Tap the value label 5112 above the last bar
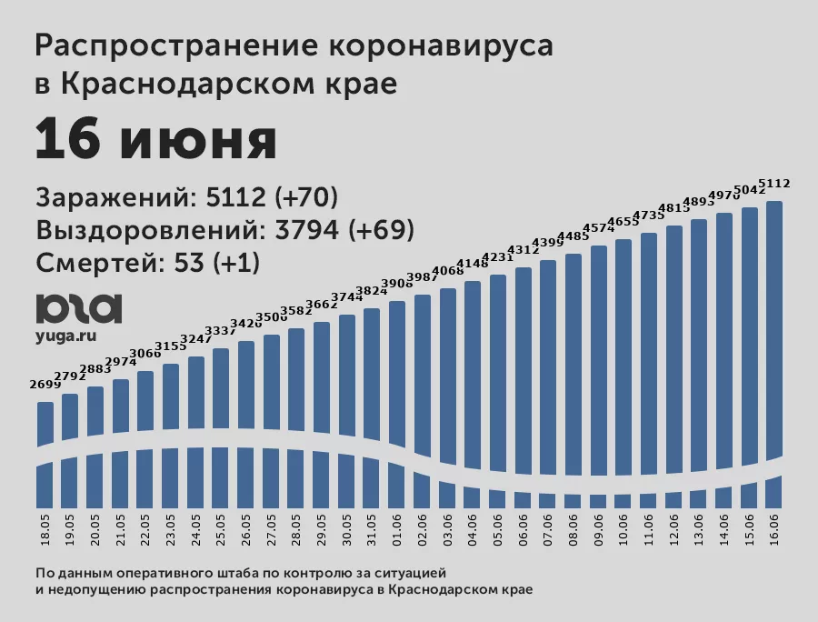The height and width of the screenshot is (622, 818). click(774, 184)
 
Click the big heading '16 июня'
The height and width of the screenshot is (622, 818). click(155, 140)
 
